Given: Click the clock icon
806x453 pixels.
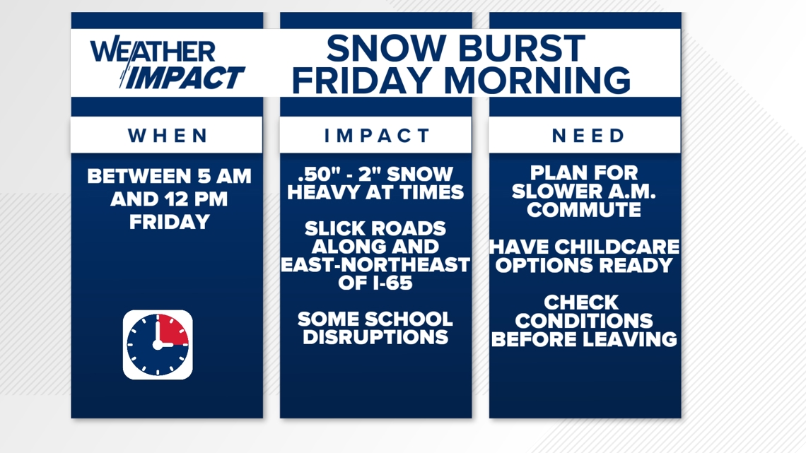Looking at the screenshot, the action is pos(158,345).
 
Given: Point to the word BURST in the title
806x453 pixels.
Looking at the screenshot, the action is pos(520,48).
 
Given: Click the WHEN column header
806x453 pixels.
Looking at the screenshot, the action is pos(168,136).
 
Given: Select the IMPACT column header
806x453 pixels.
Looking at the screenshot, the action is pos(377,136).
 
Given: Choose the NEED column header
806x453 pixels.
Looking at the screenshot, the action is pos(588,136).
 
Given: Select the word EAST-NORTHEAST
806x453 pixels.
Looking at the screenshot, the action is pos(375,264).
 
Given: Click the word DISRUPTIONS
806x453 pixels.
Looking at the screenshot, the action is pos(375,337).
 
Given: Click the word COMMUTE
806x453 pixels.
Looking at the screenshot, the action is pos(584,210).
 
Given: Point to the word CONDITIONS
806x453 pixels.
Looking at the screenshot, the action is pos(584,320).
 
